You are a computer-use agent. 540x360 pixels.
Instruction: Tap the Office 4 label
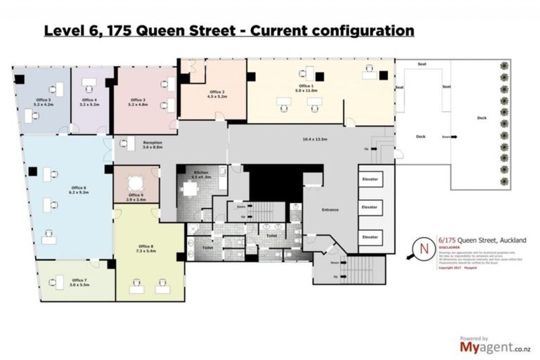point(89,101)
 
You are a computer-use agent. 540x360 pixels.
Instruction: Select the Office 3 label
point(138,101)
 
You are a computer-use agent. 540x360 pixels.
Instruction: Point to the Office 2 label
point(217,92)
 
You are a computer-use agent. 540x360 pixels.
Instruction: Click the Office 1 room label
point(307,86)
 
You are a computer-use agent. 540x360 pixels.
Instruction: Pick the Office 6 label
point(77,188)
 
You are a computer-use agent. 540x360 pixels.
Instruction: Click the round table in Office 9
point(136,181)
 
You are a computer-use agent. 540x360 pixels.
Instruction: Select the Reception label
point(153,143)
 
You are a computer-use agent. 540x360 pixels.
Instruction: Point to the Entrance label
point(330,210)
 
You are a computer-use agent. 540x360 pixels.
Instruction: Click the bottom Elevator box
point(369,237)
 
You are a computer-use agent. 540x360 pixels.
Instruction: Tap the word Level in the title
point(63,31)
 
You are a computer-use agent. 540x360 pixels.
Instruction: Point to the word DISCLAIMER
point(449,247)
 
